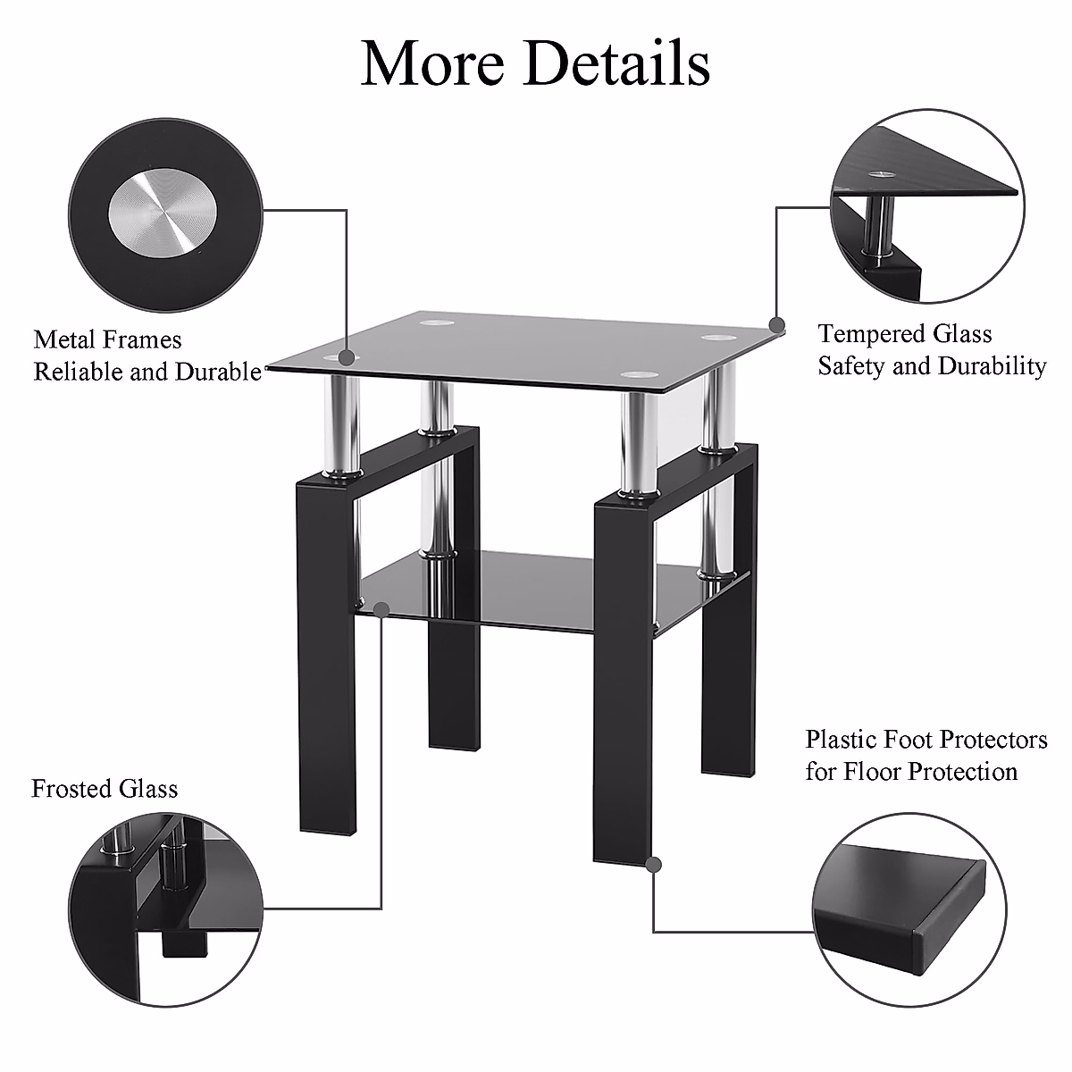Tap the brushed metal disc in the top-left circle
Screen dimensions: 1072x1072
[162, 215]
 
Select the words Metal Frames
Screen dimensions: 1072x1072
[107, 339]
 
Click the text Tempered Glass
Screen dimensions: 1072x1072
[904, 334]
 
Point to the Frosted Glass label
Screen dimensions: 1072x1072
[105, 789]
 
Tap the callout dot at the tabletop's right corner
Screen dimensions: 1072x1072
[777, 325]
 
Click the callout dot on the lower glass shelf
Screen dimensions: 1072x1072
[381, 609]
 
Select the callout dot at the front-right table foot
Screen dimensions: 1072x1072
[654, 864]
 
